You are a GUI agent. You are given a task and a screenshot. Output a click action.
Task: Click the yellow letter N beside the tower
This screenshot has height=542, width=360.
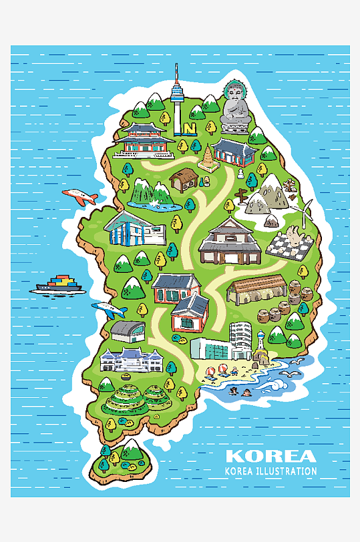pyautogui.click(x=190, y=127)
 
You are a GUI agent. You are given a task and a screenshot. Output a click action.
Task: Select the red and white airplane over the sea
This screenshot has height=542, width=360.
pyautogui.click(x=80, y=196)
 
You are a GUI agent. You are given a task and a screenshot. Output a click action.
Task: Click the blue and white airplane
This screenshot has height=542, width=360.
pyautogui.click(x=108, y=310)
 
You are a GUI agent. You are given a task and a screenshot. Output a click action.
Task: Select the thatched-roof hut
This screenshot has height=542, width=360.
pyautogui.click(x=182, y=178)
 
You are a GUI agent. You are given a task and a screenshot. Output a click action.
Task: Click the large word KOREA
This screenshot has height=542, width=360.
pyautogui.click(x=271, y=457)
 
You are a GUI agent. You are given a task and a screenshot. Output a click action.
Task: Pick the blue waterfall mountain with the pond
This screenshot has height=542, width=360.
pyautogui.click(x=153, y=194)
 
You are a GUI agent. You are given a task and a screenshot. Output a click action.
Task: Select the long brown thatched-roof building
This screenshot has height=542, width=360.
pyautogui.click(x=256, y=288)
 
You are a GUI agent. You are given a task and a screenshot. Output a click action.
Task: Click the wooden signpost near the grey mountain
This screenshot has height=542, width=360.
pyautogui.click(x=241, y=194)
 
